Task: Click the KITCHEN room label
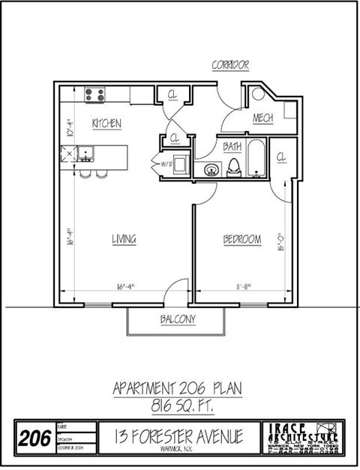106,123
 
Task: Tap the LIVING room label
124,240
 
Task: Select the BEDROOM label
242,240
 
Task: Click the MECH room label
262,118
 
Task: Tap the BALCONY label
178,319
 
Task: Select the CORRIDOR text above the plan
229,66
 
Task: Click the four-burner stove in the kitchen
94,94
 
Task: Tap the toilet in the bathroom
234,166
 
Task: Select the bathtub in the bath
256,159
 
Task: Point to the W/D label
166,163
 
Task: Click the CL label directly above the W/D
174,139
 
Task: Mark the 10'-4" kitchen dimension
68,122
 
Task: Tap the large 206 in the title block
35,436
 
